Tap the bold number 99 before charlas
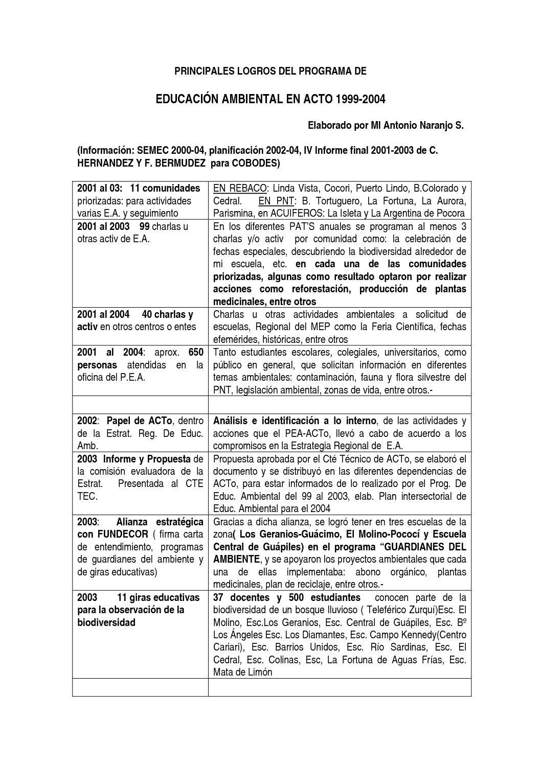click(144, 226)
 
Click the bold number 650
click(196, 352)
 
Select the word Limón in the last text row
click(259, 672)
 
